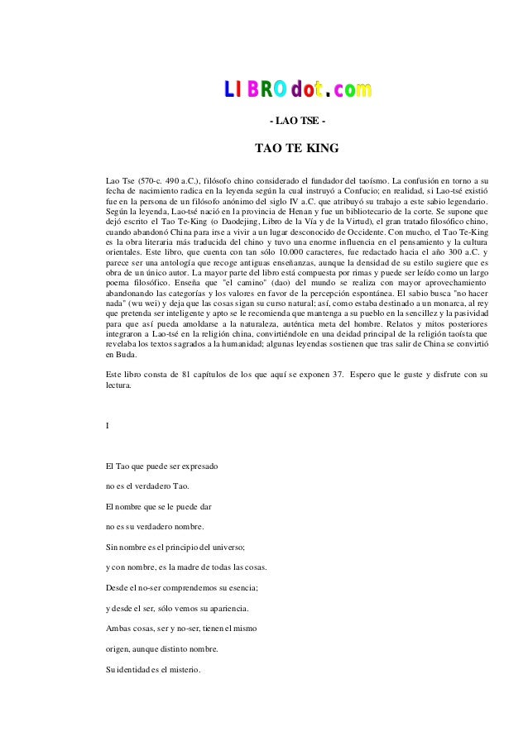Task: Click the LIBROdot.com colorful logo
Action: point(298,88)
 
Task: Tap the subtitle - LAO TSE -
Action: point(297,122)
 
